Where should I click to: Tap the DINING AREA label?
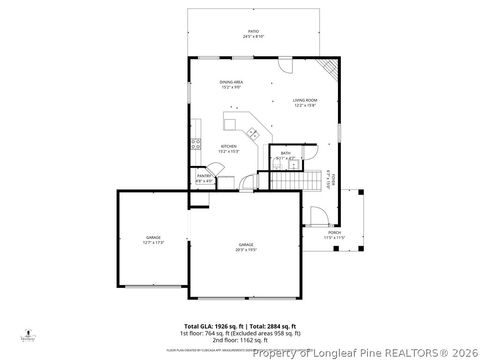[x=231, y=83]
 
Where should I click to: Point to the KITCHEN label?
[x=228, y=148]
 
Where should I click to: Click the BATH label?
[x=285, y=153]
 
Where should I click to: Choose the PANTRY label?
[x=203, y=177]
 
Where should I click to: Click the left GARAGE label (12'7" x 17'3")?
[x=153, y=239]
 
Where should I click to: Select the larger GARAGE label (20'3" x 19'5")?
[x=245, y=246]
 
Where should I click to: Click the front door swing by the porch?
[x=318, y=215]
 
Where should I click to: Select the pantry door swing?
[x=225, y=181]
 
